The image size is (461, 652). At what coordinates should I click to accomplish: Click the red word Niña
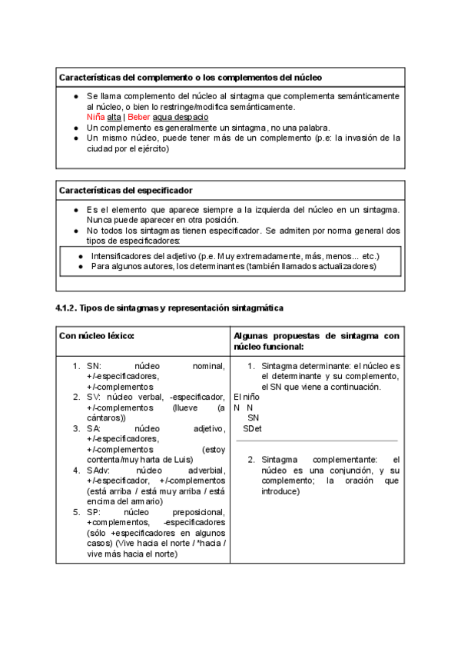point(96,117)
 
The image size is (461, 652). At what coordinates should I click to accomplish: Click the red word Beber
point(138,117)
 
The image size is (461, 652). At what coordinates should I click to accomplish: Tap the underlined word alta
point(114,117)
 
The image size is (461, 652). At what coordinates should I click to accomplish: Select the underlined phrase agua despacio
point(181,117)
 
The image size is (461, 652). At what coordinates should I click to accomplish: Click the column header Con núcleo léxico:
point(97,336)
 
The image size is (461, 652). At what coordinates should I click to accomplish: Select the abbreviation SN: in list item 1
point(95,366)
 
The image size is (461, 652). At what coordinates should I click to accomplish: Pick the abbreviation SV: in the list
point(95,397)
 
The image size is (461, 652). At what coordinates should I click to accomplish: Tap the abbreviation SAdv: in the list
point(99,470)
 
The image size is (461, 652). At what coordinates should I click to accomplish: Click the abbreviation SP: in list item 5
point(95,511)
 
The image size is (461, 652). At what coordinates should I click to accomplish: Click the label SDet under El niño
point(252,427)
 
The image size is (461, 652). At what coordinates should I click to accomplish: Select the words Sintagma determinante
point(302,366)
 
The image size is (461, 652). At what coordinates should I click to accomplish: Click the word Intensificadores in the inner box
point(121,255)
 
